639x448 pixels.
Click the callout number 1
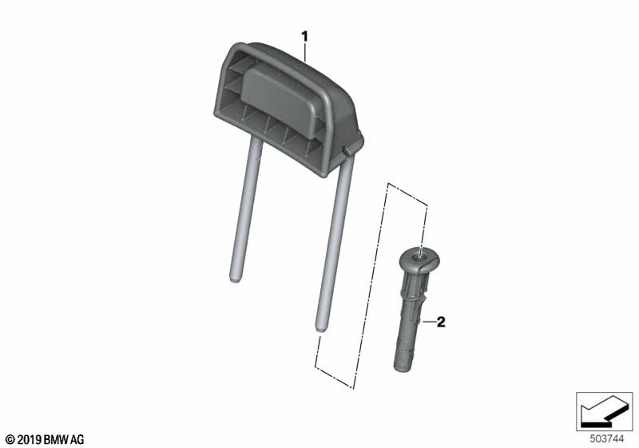(304, 37)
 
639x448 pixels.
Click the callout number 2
(441, 322)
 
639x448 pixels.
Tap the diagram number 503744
(607, 439)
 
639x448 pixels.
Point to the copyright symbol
(10, 440)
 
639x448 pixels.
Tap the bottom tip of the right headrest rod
(321, 330)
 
